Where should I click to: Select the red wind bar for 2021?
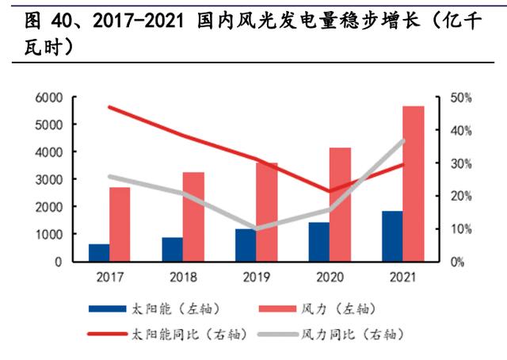point(413,184)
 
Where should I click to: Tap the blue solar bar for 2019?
point(245,245)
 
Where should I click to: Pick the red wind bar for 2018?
point(193,216)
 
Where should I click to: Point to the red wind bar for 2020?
point(340,205)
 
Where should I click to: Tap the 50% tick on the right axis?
point(462,98)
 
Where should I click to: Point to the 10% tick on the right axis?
point(462,228)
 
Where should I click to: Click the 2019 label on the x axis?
point(257,278)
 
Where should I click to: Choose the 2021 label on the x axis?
point(402,278)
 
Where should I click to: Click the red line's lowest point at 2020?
point(329,191)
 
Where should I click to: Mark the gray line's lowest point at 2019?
point(256,228)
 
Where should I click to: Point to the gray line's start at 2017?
point(110,177)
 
